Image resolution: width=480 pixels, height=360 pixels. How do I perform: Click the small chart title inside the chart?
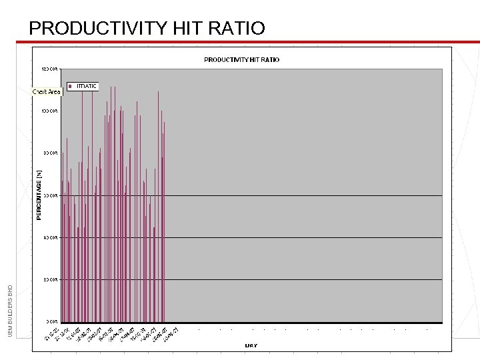click(241, 60)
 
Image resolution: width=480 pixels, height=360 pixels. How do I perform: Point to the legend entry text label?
click(87, 86)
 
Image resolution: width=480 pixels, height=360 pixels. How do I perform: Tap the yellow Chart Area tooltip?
click(47, 91)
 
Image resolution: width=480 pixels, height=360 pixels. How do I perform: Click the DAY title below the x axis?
click(251, 345)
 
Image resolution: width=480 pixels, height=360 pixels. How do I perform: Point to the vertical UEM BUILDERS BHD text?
click(10, 310)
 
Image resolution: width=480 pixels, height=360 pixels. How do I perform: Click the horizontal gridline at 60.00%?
click(300, 195)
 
